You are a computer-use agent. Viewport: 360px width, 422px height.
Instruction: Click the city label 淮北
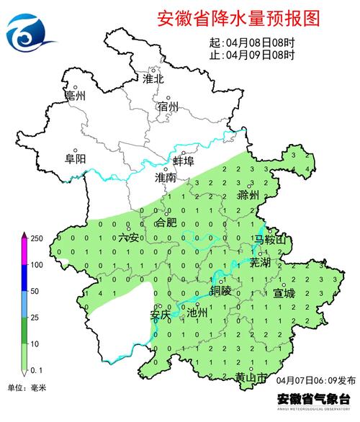pos(153,78)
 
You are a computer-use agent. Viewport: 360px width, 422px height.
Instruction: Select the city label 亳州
pos(75,96)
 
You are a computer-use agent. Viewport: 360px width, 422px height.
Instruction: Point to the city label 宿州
pos(167,107)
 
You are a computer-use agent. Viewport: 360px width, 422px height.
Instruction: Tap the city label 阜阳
pos(75,159)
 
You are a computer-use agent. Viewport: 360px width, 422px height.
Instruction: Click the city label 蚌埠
pos(184,161)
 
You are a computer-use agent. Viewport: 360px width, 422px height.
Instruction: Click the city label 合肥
pos(166,223)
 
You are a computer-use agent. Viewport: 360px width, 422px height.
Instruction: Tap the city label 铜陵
pos(222,290)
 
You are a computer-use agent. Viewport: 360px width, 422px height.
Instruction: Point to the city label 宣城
pos(284,293)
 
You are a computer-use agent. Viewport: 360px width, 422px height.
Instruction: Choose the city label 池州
pos(197,313)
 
